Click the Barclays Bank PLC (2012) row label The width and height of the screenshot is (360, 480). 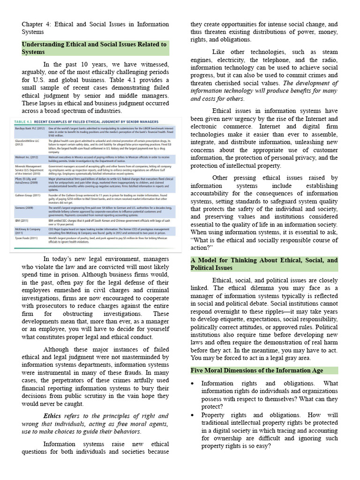point(29,127)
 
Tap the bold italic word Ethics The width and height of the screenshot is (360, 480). point(52,416)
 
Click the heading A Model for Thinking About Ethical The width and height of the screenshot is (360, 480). point(264,264)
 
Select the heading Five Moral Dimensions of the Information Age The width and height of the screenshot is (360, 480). point(257,370)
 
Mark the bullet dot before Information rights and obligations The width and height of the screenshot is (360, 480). point(193,383)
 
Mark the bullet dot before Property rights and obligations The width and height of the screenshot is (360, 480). point(193,415)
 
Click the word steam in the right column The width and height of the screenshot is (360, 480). point(328,52)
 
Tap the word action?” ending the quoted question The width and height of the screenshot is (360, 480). point(202,247)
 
